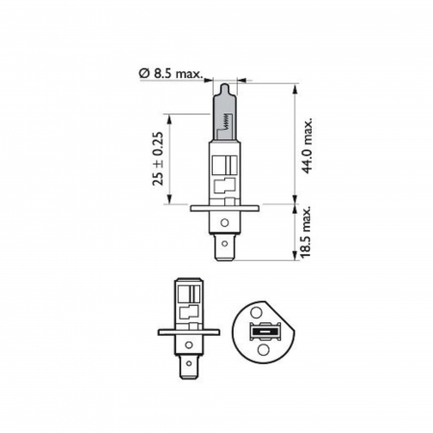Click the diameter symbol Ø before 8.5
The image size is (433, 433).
143,70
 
